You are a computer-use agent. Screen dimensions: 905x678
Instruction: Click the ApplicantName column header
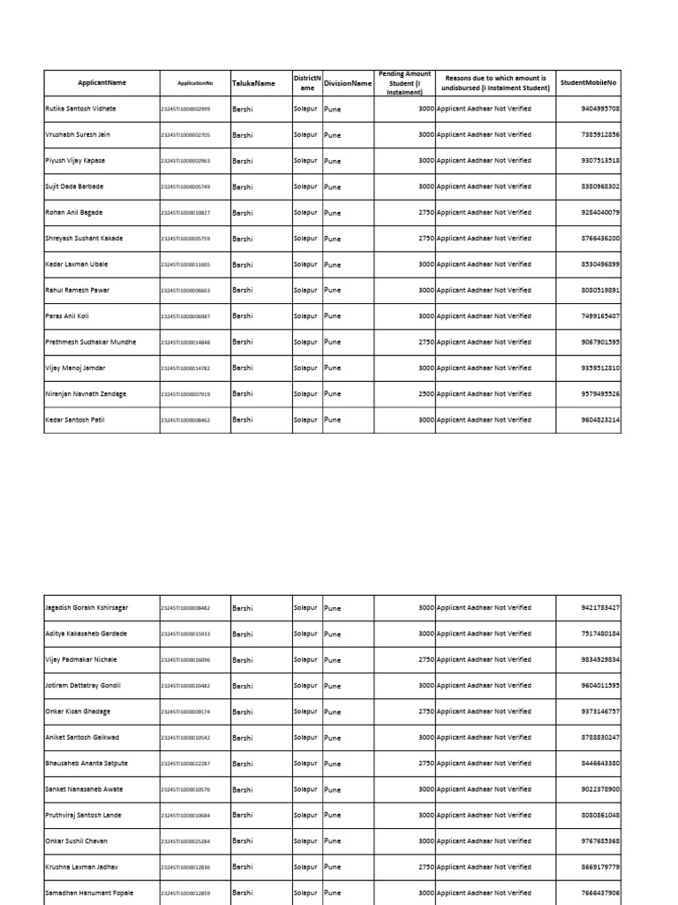coord(102,83)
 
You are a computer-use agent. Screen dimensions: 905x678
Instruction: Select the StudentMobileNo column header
coord(588,83)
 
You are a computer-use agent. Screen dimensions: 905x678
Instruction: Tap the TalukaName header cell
coord(253,83)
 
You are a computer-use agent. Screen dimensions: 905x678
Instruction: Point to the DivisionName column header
coord(347,83)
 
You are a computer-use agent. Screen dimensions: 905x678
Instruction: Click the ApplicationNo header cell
coord(195,83)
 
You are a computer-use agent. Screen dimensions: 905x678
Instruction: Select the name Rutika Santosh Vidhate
coord(80,109)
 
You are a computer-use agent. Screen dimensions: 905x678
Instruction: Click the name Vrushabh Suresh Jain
coord(78,134)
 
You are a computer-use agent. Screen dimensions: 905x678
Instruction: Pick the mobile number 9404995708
coord(600,109)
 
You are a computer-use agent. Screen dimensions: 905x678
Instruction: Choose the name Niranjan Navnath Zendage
coord(86,393)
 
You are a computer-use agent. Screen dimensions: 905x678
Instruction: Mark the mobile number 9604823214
coord(600,420)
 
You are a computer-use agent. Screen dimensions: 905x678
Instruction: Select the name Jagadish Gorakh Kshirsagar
coord(87,608)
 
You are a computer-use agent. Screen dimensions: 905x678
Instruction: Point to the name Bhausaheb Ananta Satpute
coord(87,763)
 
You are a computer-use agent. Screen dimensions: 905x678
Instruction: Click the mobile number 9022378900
coord(600,789)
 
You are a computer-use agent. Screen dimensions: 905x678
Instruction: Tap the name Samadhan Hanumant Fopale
coord(88,893)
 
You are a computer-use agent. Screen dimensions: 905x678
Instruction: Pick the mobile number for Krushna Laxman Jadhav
coord(600,867)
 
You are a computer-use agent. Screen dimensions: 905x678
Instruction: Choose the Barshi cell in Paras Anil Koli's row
coord(243,316)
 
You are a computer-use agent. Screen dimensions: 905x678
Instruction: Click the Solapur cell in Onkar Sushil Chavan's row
coord(305,841)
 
